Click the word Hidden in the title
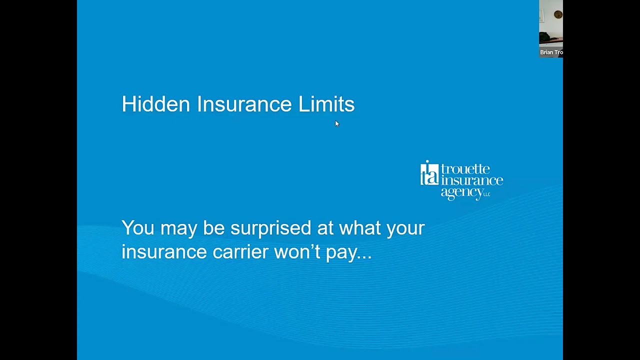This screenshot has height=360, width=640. point(155,104)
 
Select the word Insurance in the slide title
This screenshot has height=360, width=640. point(244,104)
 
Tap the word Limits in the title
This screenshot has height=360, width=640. point(326,104)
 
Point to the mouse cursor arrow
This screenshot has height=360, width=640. point(336,123)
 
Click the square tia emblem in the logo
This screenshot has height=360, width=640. point(429,173)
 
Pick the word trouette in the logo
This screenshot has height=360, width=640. point(465,169)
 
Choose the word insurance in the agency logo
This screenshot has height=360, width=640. point(471,180)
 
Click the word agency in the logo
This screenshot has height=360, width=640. point(461,192)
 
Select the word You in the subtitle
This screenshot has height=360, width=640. point(137,228)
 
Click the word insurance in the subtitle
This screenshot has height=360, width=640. point(164,251)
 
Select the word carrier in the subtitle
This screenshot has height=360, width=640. point(240,251)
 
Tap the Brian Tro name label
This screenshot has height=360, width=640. point(551,52)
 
